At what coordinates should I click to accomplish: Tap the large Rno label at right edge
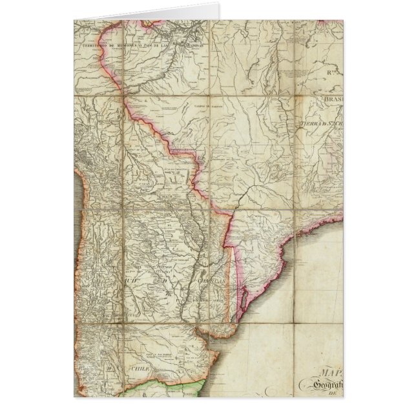pos(333,73)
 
